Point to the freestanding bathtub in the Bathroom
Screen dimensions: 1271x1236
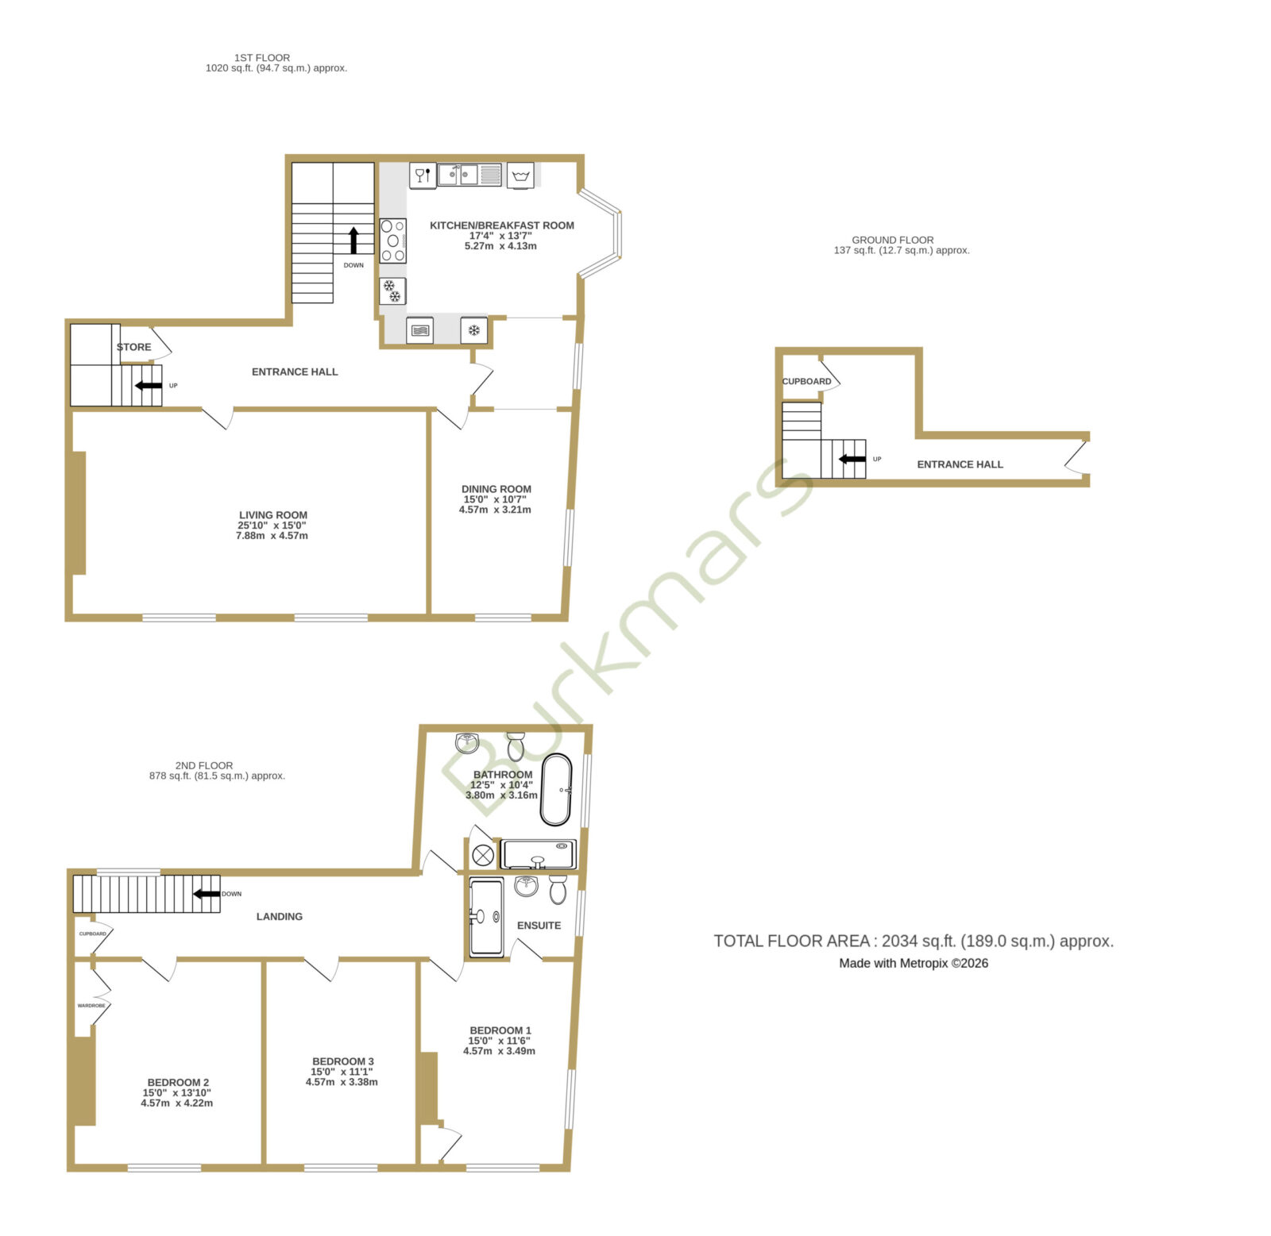pos(556,790)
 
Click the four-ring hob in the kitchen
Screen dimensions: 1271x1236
pos(393,241)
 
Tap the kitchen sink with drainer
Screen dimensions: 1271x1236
pos(469,175)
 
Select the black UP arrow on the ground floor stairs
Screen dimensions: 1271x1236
pos(852,459)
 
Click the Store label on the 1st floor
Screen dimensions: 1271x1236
pos(133,347)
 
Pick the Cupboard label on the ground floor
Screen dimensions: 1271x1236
pos(806,382)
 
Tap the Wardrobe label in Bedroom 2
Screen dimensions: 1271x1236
pos(91,1006)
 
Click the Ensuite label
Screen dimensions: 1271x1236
pos(539,926)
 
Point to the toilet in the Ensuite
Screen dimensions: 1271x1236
pos(558,889)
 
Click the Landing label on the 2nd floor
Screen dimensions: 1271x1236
pos(280,917)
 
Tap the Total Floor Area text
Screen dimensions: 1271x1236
pos(914,941)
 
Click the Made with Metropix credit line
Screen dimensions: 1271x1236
pos(914,964)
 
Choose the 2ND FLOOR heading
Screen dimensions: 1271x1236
pos(204,766)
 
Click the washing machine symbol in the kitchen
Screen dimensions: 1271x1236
pos(521,175)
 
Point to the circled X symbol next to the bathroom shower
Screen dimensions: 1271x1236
pos(483,856)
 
